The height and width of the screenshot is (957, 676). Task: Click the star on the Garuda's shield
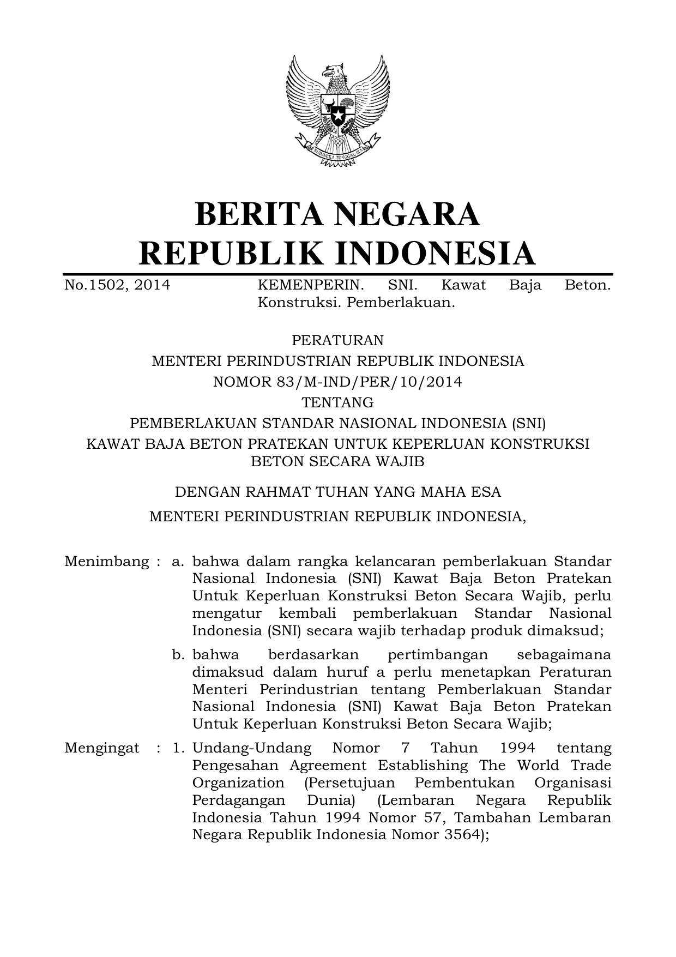[338, 117]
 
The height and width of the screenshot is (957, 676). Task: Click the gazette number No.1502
[95, 285]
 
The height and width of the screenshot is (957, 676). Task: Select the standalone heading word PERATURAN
[337, 340]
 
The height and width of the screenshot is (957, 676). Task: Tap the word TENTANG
[337, 402]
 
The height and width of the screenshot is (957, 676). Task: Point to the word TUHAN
[341, 492]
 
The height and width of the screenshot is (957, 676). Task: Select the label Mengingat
[102, 748]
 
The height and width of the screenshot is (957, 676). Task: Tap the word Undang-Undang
[252, 748]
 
